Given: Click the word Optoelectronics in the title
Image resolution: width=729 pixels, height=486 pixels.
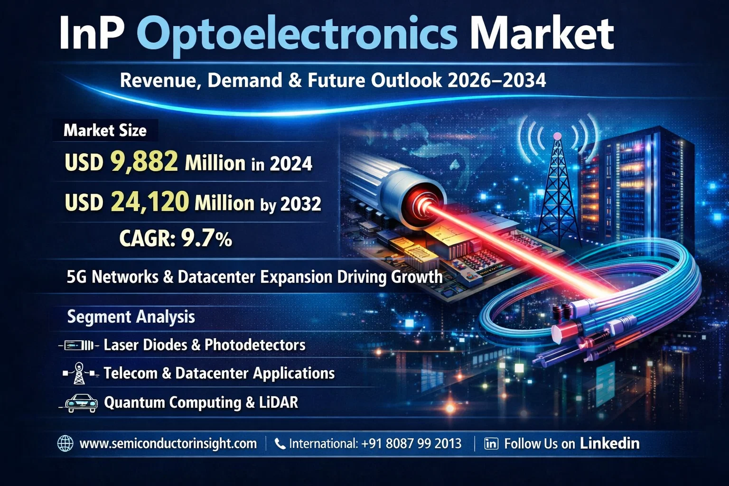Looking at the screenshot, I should (x=297, y=34).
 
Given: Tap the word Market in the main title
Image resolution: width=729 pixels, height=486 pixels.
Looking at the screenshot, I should (x=542, y=34).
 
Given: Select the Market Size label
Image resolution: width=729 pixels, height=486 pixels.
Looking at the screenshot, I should (x=105, y=131).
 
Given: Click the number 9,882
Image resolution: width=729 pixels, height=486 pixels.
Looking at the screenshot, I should (x=144, y=161).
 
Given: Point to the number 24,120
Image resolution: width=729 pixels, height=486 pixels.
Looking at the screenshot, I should (x=150, y=202).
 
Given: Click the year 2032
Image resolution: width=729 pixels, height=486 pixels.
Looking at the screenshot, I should (x=301, y=204).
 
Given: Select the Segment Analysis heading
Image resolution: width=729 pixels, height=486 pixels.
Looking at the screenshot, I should (x=131, y=317).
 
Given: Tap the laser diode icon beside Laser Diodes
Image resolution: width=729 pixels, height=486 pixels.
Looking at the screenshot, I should (x=78, y=346).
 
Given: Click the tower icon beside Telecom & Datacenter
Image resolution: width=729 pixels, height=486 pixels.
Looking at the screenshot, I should (x=79, y=374).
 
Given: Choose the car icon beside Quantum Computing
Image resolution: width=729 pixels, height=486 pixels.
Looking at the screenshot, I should (x=81, y=403).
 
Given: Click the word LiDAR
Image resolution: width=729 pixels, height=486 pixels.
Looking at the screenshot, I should (x=279, y=402).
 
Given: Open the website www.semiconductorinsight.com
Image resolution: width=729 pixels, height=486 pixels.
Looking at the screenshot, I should (x=168, y=444).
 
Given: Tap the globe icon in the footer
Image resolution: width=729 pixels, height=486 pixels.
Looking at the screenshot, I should (x=65, y=444).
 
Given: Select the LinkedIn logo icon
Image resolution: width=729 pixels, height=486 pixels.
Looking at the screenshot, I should (x=491, y=444).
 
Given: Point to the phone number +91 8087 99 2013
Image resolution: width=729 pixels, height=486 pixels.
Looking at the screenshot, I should (x=411, y=444).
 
